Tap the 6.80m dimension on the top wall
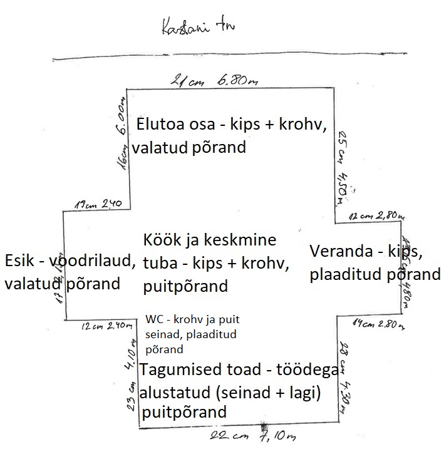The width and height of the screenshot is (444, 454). [228, 81]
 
